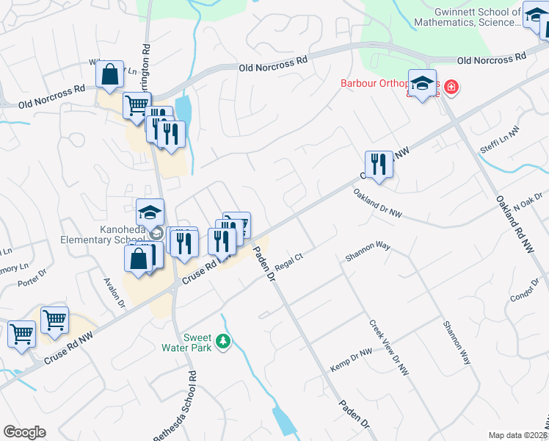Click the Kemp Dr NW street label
point(351,360)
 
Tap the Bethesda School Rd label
point(175,405)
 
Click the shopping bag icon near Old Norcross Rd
point(109,74)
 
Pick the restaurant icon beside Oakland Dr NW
point(379,165)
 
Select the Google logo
point(24,432)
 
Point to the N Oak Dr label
point(527,202)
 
